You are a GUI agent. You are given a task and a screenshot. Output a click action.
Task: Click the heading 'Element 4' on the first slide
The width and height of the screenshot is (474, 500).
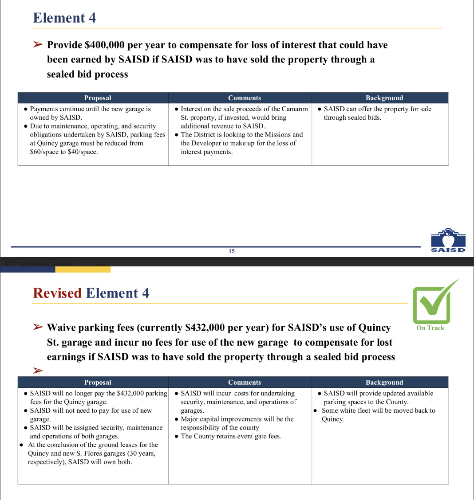64,18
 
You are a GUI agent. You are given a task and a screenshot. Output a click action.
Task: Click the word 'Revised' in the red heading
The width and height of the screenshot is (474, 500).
57,293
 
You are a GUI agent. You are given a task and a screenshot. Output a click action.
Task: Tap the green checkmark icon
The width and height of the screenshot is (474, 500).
433,303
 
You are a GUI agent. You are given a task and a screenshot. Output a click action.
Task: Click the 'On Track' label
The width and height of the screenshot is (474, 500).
430,328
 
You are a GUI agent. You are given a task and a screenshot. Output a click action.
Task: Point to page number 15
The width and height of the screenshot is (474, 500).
232,251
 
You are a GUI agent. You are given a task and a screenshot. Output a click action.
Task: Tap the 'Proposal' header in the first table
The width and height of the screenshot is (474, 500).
98,98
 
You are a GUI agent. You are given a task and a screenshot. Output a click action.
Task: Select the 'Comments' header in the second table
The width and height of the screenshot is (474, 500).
245,383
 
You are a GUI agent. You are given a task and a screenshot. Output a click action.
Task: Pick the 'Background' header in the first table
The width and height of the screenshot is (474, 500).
384,98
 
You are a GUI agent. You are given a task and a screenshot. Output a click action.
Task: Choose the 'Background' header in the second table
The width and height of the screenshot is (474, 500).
384,383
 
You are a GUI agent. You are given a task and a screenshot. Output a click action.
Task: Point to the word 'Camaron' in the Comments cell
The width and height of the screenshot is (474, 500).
295,109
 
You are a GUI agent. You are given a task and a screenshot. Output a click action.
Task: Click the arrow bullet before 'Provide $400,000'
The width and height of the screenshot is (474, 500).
38,45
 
